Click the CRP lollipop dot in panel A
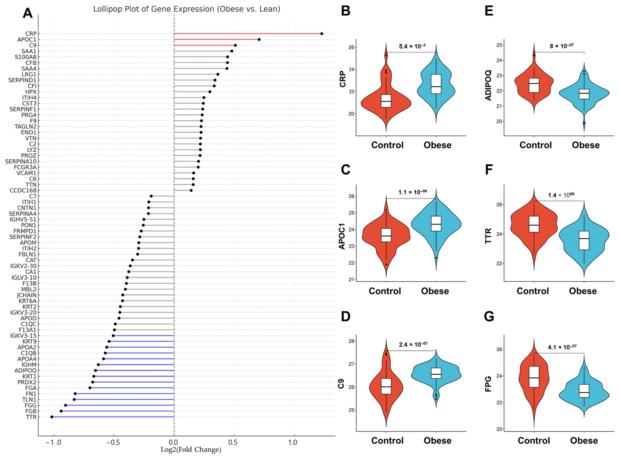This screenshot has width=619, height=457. click(x=322, y=34)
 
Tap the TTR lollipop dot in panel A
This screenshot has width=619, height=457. click(x=52, y=417)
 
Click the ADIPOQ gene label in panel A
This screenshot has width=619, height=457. click(x=26, y=370)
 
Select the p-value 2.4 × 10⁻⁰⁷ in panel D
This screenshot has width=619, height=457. click(x=413, y=345)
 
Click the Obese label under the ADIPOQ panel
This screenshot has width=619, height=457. click(x=586, y=145)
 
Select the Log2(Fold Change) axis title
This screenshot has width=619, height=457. click(x=191, y=450)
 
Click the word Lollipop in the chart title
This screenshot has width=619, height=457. click(x=106, y=9)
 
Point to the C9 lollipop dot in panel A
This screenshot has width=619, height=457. click(x=235, y=45)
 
